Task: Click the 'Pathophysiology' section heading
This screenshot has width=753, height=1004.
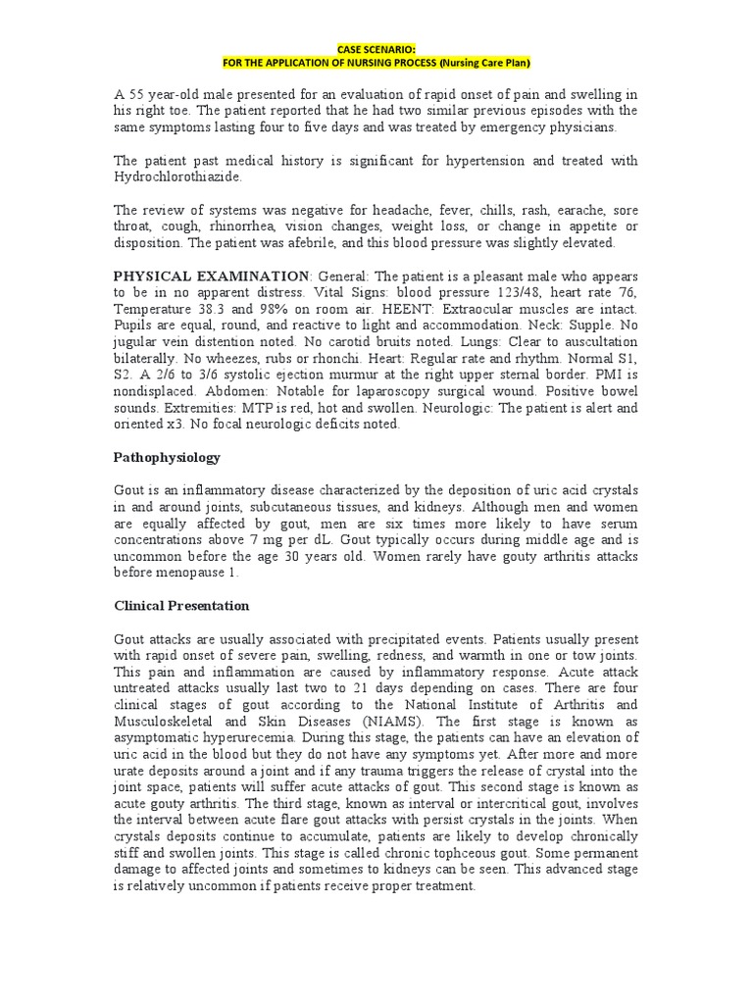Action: [167, 458]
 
